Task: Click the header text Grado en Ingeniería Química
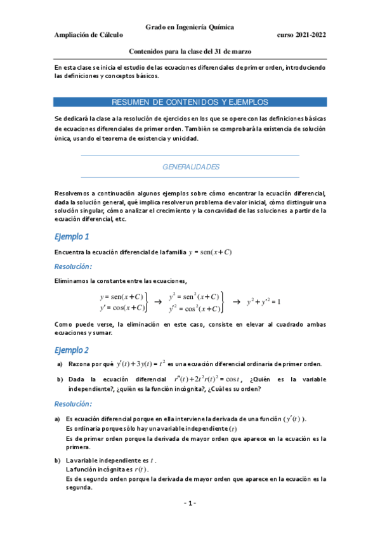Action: (x=190, y=27)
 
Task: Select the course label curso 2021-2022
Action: (x=301, y=36)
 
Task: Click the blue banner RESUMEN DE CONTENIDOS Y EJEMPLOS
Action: (x=190, y=102)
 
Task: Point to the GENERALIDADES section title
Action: (x=191, y=167)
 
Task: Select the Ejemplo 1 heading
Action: (x=71, y=237)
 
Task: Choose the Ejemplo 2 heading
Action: (x=71, y=350)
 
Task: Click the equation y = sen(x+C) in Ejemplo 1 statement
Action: (x=211, y=252)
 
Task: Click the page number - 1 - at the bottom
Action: (x=190, y=503)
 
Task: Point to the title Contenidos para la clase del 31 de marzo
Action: (x=190, y=53)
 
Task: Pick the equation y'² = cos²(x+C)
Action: (x=194, y=309)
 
